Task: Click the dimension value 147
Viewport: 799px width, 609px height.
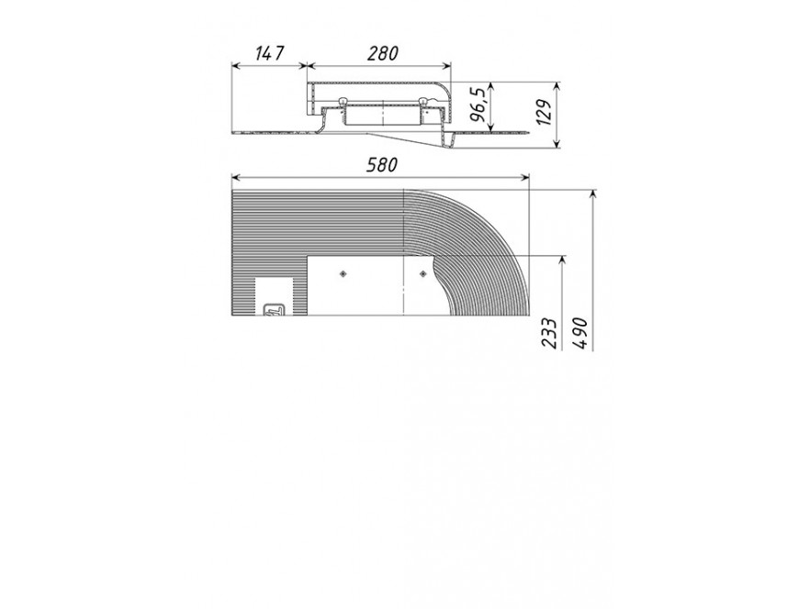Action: (270, 53)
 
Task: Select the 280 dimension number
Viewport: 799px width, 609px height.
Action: (382, 53)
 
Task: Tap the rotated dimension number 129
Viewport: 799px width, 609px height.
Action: (545, 113)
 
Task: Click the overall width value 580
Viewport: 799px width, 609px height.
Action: (381, 165)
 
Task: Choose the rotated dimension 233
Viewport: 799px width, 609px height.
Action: (548, 333)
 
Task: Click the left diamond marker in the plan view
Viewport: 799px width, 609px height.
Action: (343, 273)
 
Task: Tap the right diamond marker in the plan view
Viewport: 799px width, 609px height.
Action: (422, 273)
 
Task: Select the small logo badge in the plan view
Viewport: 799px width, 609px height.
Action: (273, 310)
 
